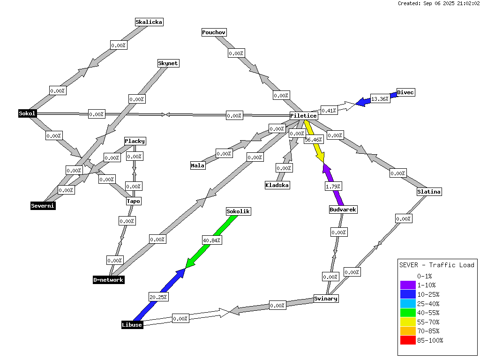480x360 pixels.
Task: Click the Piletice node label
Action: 304,116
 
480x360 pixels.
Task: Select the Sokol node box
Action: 27,113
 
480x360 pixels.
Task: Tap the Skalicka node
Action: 149,22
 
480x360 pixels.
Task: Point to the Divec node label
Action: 405,92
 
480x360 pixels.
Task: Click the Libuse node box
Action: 132,325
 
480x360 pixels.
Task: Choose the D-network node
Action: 109,280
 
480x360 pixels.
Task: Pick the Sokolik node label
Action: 239,211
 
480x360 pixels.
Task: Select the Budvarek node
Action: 343,210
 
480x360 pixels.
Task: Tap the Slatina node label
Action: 429,192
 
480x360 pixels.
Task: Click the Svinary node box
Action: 326,299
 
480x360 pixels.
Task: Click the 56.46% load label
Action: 314,140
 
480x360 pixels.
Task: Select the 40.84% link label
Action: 212,240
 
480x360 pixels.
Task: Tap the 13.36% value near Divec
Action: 380,99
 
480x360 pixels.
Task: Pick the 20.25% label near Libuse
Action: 158,297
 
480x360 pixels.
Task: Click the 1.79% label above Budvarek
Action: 333,187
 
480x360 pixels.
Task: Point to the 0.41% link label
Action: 329,111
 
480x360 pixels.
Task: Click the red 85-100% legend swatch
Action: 408,340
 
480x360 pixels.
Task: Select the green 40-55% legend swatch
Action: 408,313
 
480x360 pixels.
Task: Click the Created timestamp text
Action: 438,3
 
